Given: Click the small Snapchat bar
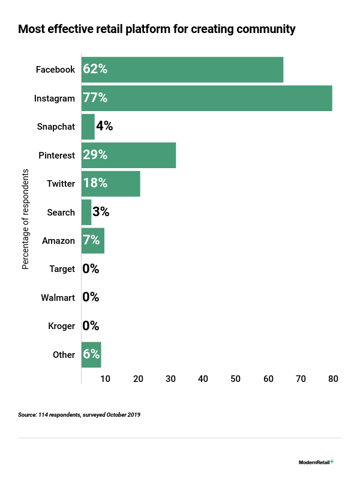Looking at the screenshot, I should coord(88,127).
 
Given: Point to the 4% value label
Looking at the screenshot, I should coord(104,127).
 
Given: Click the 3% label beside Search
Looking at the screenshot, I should coord(101,212).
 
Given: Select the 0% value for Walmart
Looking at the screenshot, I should coord(91,297).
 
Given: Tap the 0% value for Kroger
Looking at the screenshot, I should coord(91,326).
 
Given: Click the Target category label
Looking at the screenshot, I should coord(62,269).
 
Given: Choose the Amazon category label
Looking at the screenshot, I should coord(58,241).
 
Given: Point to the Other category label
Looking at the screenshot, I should coord(64,355).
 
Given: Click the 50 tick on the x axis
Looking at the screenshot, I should coord(236,379).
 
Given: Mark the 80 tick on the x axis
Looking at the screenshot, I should coord(333,379).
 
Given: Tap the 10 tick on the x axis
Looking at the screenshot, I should coord(106,379).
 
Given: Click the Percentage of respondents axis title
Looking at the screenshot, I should coord(26,219).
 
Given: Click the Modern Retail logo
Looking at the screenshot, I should coord(316,462).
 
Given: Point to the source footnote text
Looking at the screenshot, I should coord(79,415).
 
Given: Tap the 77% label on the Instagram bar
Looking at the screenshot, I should coord(95,98).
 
